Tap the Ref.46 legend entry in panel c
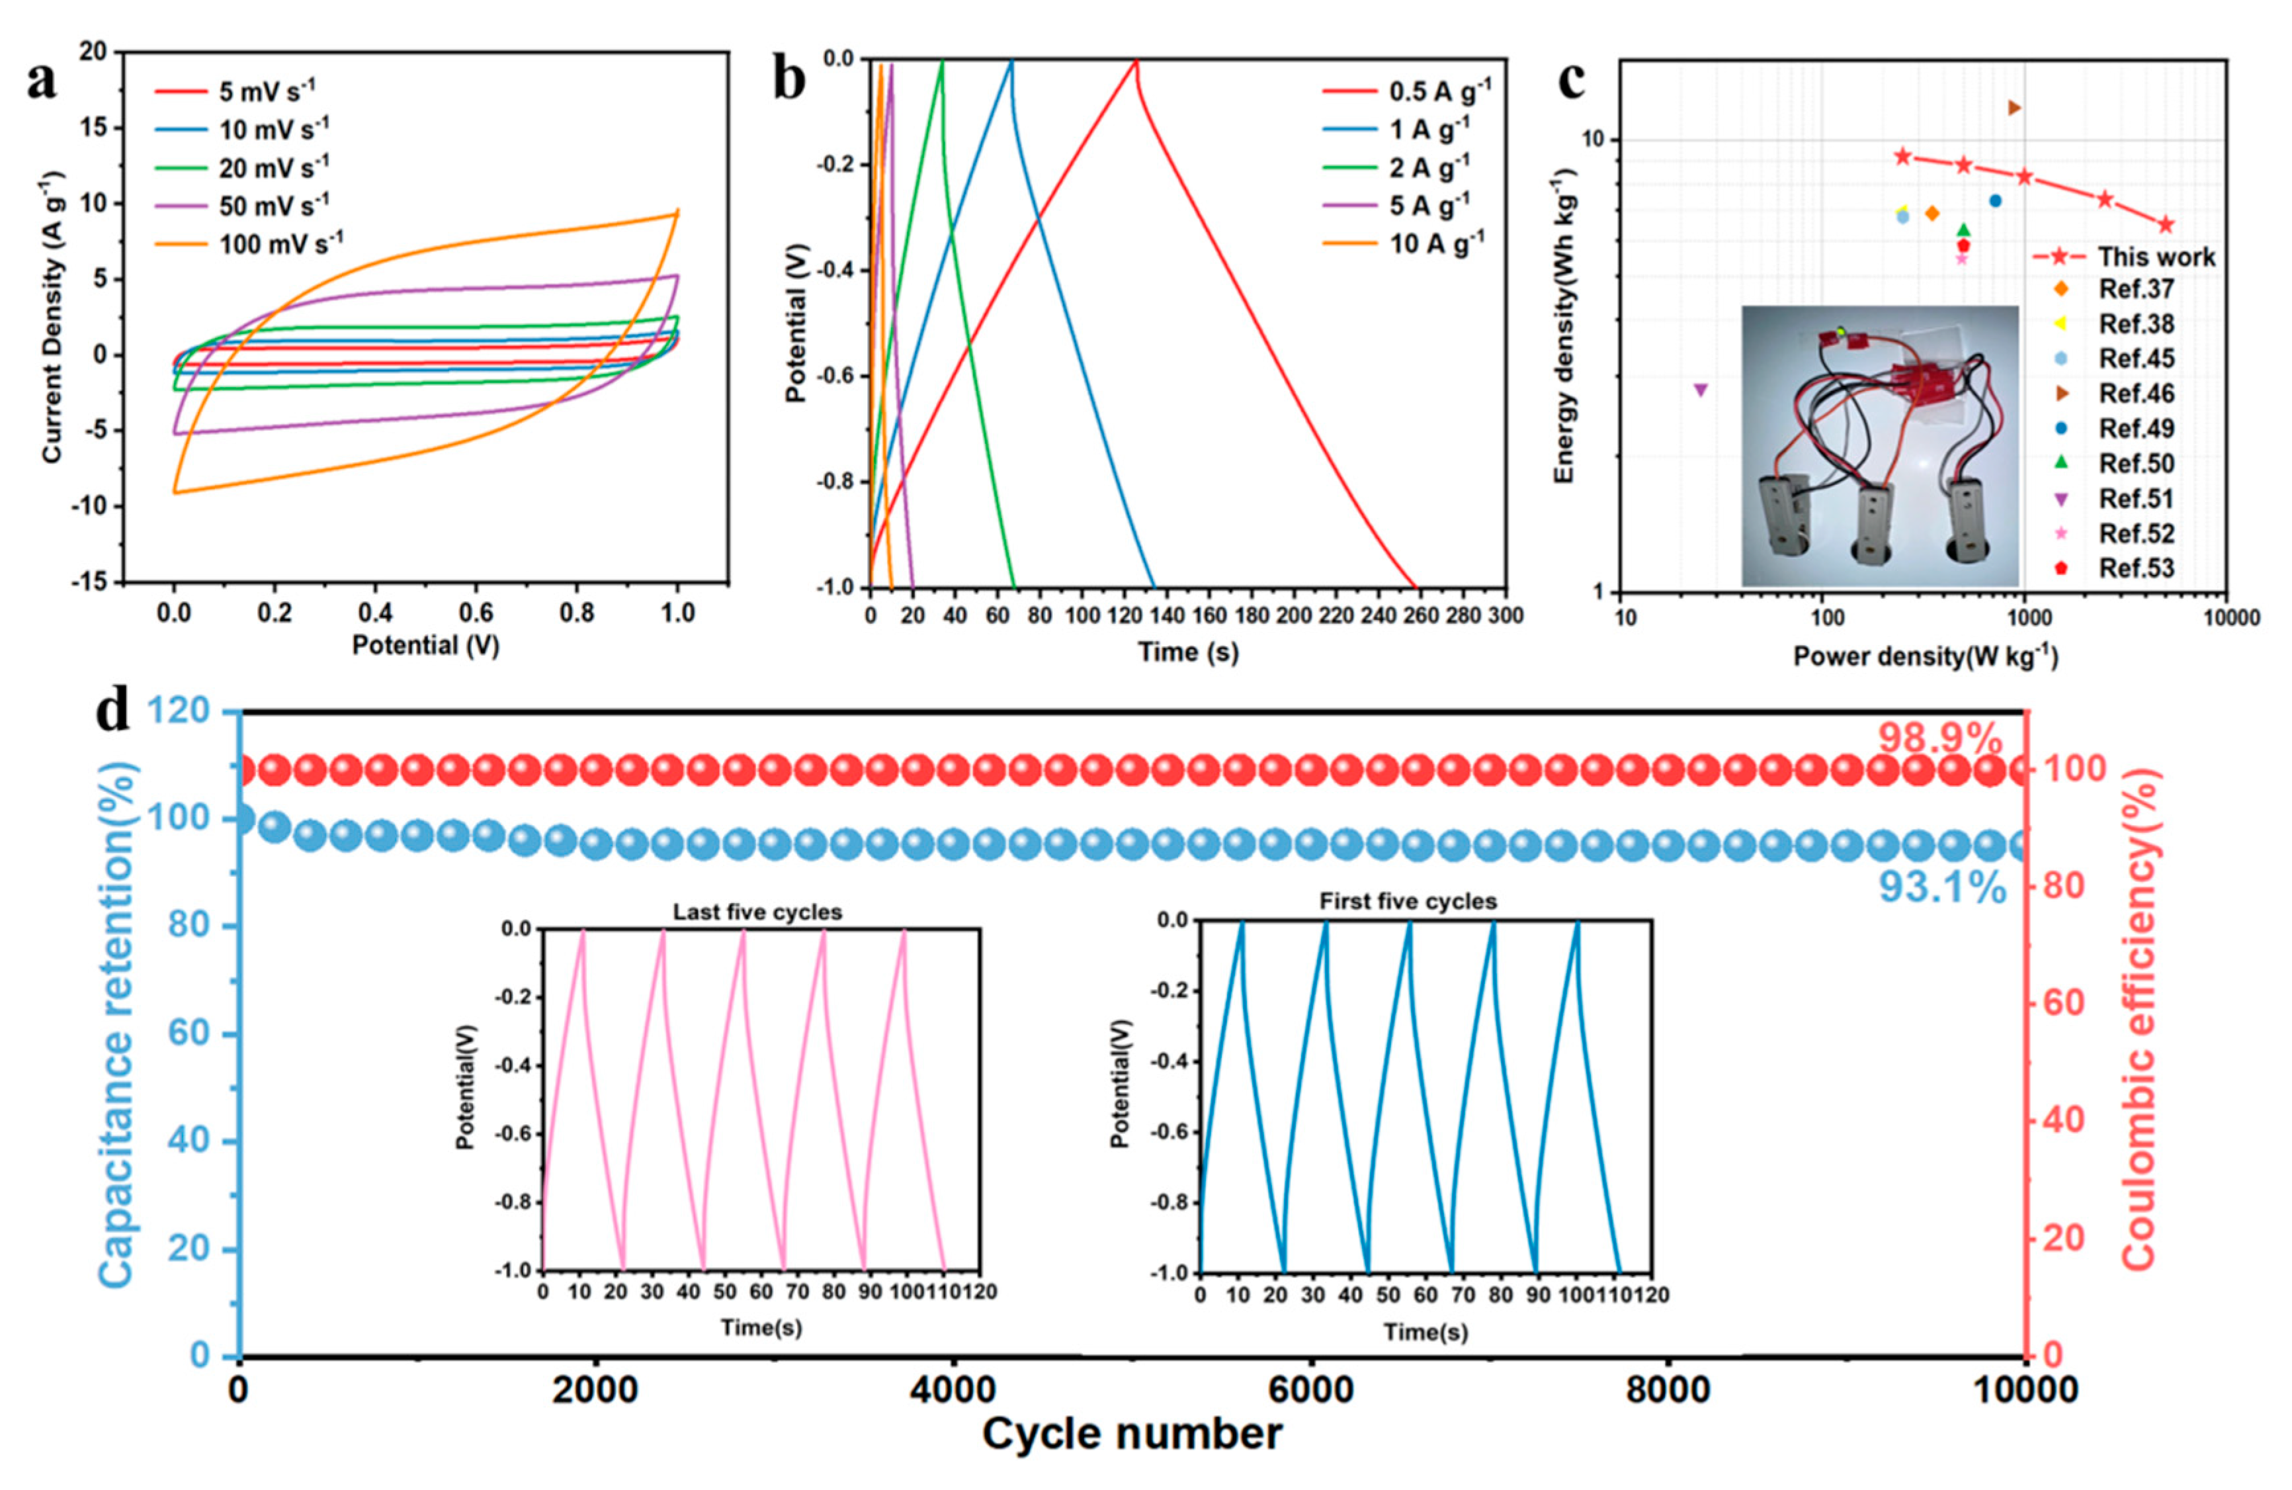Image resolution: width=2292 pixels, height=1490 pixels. click(2136, 394)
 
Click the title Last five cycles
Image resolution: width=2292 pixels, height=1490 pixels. click(757, 912)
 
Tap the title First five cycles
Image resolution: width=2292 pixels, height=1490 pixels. click(1408, 902)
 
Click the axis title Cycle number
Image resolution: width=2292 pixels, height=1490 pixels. click(1132, 1435)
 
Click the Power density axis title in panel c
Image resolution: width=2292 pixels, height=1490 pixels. click(1925, 657)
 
